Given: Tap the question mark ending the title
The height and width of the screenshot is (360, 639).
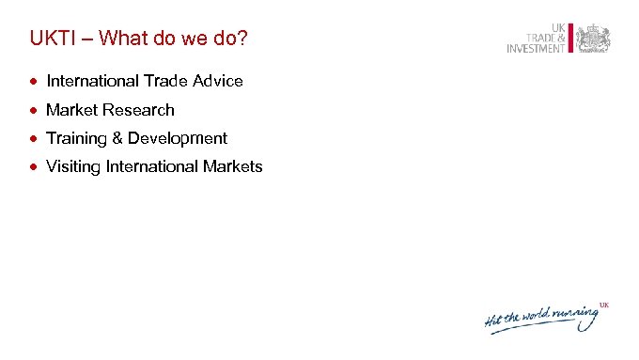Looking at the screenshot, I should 245,39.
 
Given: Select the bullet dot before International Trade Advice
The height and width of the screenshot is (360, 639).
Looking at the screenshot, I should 33,82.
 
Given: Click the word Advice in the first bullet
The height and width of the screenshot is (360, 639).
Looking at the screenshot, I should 219,82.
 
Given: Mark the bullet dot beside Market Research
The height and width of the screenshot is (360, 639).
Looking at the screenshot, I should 33,110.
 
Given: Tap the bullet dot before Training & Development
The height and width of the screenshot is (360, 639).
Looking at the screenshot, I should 33,139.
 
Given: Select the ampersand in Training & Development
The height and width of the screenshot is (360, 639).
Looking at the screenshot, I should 117,139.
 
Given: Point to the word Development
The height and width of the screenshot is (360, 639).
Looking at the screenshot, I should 178,139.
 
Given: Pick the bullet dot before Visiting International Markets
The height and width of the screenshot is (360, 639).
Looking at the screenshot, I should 33,167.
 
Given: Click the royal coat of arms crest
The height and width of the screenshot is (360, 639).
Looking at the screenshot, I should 593,39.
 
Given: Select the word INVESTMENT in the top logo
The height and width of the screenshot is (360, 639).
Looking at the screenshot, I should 536,49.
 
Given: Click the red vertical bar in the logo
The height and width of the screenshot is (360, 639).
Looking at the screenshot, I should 569,38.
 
